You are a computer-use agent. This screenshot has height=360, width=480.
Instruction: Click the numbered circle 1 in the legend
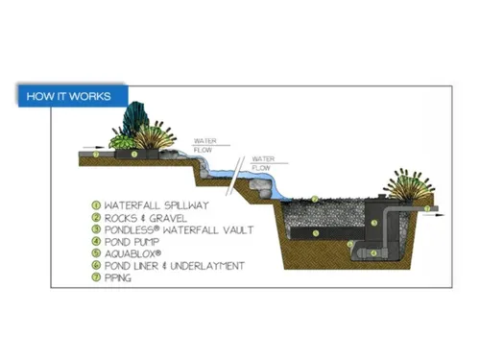pos(96,204)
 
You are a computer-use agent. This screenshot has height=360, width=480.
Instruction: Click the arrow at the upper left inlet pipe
pos(87,149)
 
